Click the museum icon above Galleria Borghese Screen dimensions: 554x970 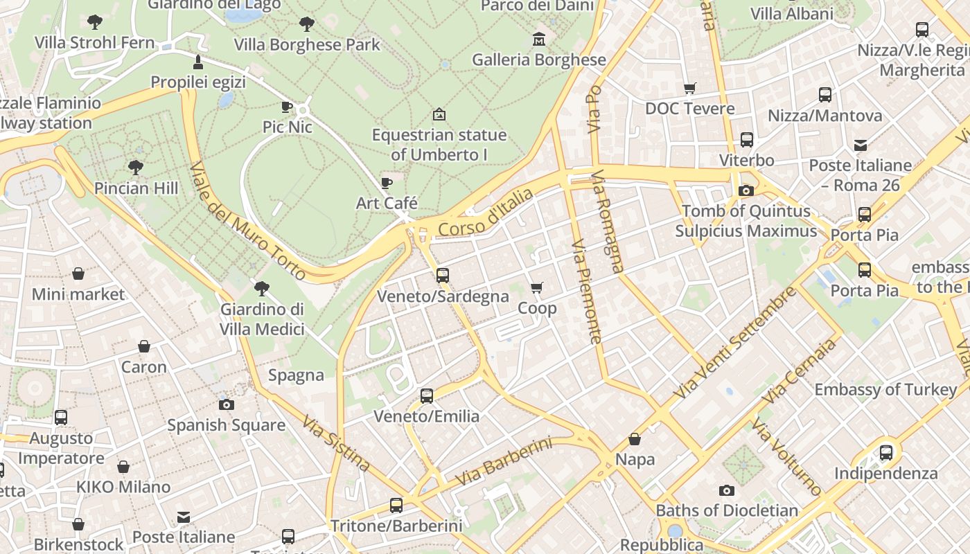click(538, 39)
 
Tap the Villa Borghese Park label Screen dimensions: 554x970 click(307, 45)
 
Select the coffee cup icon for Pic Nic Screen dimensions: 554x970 click(287, 107)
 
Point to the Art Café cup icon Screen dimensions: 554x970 click(387, 183)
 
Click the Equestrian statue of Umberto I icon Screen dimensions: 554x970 click(439, 114)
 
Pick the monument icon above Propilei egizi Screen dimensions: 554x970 click(198, 62)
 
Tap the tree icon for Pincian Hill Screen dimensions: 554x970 click(136, 167)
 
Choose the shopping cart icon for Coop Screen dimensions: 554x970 click(537, 287)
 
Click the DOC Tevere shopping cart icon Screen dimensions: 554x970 click(689, 88)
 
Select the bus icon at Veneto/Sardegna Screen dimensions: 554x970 click(443, 276)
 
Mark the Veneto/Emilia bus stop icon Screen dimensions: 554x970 click(427, 396)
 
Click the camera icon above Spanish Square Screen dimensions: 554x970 click(226, 404)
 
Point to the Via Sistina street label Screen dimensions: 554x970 click(335, 443)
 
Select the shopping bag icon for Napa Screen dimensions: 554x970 click(635, 439)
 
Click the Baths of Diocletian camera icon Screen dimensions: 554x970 click(726, 490)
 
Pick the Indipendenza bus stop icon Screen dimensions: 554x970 click(885, 453)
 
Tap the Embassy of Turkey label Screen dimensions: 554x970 click(885, 390)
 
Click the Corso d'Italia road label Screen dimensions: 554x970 click(486, 213)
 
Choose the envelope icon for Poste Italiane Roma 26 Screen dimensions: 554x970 click(861, 145)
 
